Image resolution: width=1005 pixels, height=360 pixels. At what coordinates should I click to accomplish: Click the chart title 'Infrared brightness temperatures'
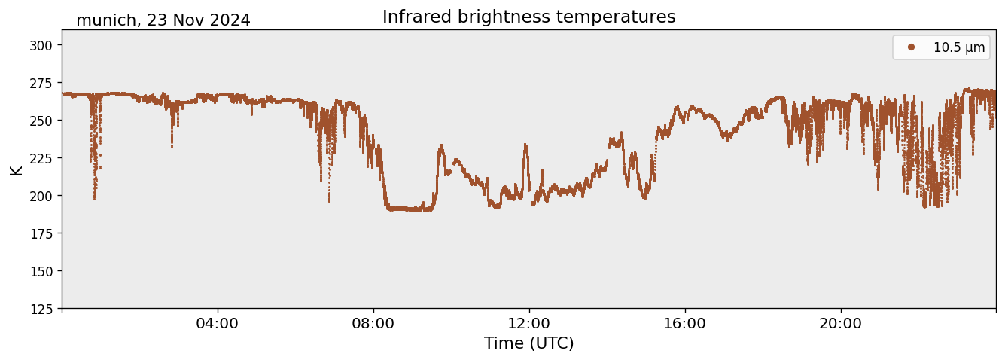(528, 17)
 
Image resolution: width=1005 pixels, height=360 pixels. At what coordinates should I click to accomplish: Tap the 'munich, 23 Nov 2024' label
(163, 20)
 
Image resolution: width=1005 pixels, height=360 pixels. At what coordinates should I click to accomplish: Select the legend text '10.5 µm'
(959, 47)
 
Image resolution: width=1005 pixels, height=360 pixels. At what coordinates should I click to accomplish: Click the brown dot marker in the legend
(911, 47)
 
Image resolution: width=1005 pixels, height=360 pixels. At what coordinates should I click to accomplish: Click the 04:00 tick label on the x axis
(218, 324)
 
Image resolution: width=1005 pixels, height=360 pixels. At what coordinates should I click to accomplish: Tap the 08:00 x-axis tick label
(373, 324)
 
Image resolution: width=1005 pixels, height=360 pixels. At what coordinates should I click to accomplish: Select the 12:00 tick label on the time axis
(529, 324)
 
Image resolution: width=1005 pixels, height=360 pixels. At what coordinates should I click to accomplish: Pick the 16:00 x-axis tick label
(685, 324)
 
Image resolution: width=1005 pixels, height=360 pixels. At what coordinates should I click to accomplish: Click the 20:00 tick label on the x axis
(841, 324)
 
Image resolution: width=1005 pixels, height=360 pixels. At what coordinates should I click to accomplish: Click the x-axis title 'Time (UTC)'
(528, 343)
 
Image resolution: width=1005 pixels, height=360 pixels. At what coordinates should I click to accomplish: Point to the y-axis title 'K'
(16, 169)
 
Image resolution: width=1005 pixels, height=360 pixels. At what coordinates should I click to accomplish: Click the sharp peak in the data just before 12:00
(525, 145)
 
